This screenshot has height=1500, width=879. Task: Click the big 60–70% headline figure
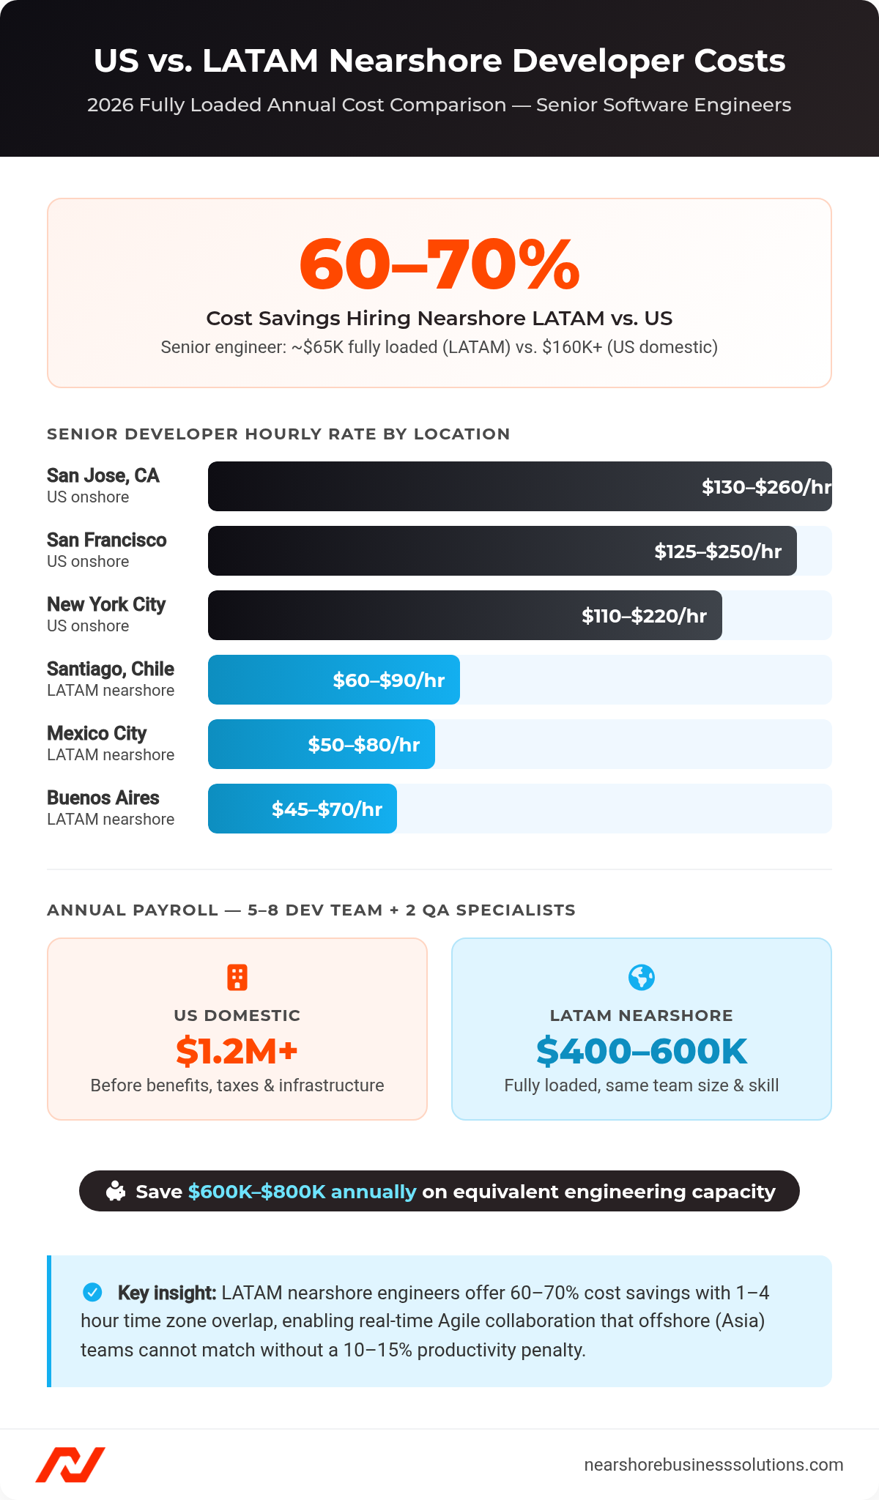click(439, 264)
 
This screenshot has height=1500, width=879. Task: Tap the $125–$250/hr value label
click(718, 552)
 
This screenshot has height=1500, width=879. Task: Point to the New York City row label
click(106, 605)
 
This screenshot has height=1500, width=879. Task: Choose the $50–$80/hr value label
click(363, 745)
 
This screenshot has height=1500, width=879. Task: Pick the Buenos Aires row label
click(103, 798)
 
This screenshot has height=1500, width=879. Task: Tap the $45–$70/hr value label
click(327, 809)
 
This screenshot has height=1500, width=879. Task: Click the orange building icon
click(237, 977)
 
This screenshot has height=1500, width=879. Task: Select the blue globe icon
click(642, 977)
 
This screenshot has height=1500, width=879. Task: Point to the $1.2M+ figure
click(237, 1051)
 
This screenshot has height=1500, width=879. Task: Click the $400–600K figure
click(642, 1051)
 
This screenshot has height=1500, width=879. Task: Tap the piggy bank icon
click(116, 1191)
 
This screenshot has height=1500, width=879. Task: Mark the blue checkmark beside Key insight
click(93, 1292)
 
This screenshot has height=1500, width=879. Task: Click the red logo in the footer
click(70, 1464)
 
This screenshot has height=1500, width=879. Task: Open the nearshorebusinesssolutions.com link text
click(713, 1464)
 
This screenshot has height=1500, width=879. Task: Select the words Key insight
click(166, 1293)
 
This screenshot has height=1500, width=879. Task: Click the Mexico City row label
click(97, 734)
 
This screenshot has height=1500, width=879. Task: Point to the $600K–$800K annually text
click(302, 1192)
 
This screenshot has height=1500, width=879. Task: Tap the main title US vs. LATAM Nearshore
click(439, 61)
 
